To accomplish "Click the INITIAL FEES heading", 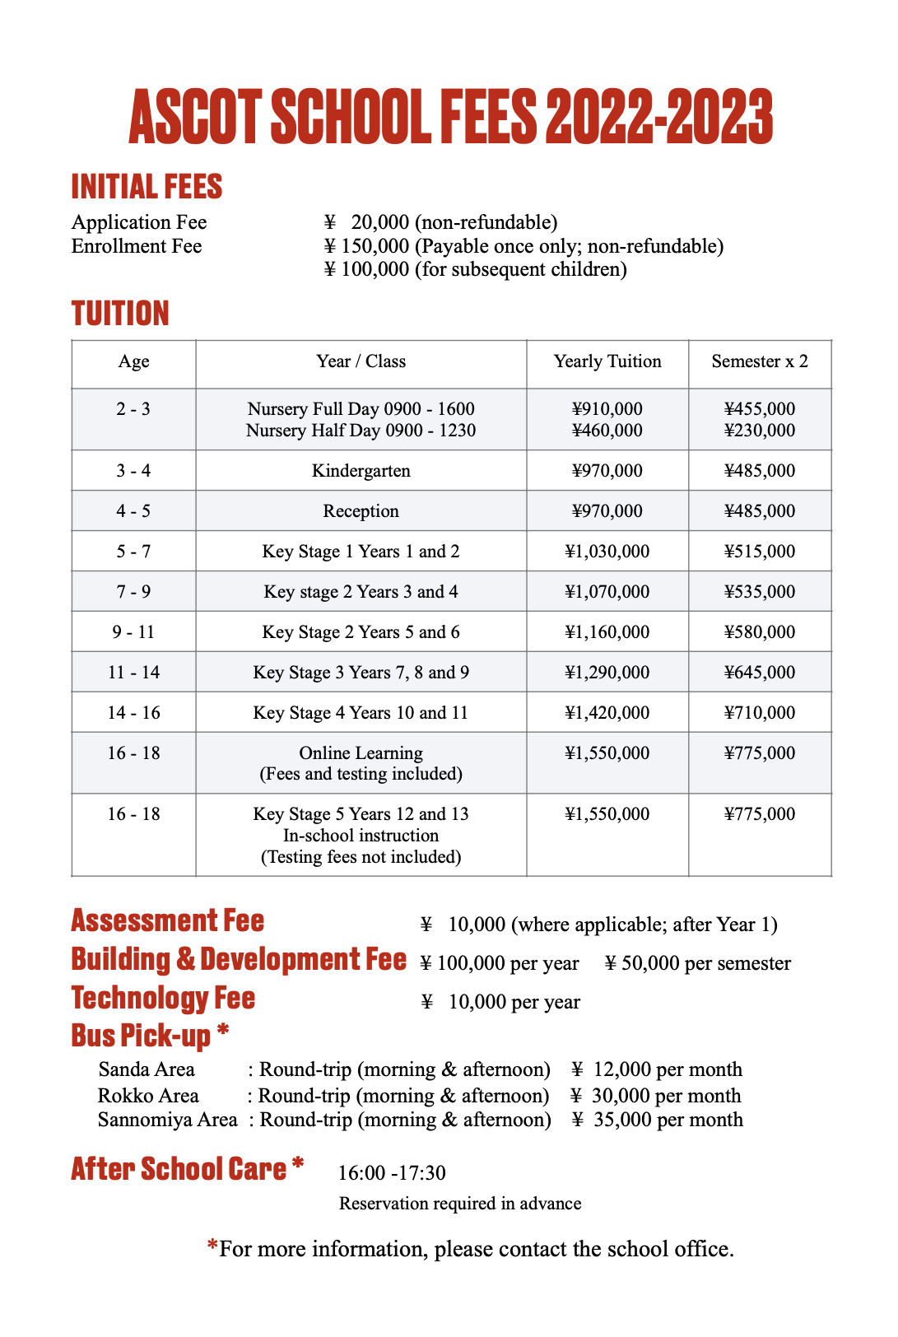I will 147,187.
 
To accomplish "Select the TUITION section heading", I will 120,314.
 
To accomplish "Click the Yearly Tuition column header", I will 607,361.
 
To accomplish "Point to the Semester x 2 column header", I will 760,361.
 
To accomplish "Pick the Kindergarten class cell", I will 361,471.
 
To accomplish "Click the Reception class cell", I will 361,511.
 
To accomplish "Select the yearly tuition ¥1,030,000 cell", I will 607,552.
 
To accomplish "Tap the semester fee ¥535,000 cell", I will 760,592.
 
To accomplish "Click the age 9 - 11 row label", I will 133,632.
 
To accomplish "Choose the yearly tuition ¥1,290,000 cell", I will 607,673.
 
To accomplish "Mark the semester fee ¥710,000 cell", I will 760,713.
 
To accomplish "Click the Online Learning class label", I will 361,753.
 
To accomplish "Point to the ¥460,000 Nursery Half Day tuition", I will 607,431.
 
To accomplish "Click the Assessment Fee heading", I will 168,920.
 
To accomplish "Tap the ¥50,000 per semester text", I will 698,963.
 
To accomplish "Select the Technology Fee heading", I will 163,998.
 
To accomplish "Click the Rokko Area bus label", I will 148,1096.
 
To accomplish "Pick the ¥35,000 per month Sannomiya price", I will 658,1120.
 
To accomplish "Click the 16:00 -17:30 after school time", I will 392,1172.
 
